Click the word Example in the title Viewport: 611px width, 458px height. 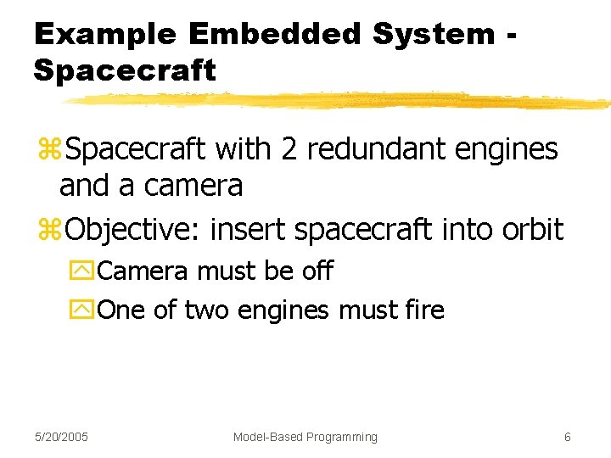click(104, 34)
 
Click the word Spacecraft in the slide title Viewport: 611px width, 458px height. click(125, 70)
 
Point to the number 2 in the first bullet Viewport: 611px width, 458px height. click(289, 149)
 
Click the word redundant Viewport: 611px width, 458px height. click(376, 149)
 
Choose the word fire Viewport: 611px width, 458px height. click(425, 310)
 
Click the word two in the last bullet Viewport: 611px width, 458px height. click(206, 310)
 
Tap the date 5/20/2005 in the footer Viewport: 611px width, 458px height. click(62, 437)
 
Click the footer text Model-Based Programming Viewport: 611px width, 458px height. click(305, 437)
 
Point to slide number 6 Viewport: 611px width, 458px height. click(567, 437)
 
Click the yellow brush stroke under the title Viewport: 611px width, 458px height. click(339, 101)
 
